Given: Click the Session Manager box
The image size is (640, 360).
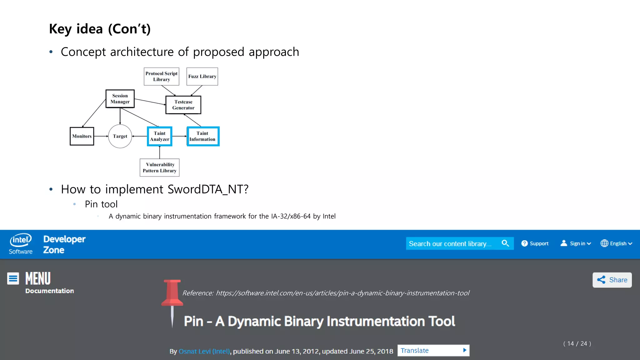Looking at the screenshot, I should click(120, 99).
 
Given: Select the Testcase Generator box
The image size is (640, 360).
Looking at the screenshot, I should click(183, 105).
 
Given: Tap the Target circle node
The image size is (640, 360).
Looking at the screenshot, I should click(120, 136).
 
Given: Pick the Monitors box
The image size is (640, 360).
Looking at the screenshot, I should click(82, 136).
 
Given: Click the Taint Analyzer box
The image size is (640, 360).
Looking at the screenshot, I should click(159, 136).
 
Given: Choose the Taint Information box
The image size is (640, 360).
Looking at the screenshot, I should click(203, 136).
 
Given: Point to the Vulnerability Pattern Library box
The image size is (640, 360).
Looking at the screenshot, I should click(159, 167).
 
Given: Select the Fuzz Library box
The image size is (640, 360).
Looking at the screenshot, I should click(202, 77).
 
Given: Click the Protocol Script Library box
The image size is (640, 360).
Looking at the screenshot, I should click(161, 77).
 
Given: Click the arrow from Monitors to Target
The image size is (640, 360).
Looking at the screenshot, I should click(101, 136).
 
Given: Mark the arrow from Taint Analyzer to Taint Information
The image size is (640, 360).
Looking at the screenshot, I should click(179, 136).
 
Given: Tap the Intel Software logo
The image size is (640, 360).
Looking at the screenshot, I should click(21, 244).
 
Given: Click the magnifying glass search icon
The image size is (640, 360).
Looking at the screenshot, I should click(505, 243).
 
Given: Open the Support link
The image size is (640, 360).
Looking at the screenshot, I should click(535, 243).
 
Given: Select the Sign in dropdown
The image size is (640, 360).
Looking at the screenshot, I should click(576, 243).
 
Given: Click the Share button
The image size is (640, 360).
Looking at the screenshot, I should click(612, 280).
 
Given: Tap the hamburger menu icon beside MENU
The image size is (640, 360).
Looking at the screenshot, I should click(13, 278).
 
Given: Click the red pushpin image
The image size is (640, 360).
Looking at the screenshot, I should click(172, 300).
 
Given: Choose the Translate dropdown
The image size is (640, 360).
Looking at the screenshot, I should click(433, 350).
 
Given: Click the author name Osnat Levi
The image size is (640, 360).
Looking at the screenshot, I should click(204, 351).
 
